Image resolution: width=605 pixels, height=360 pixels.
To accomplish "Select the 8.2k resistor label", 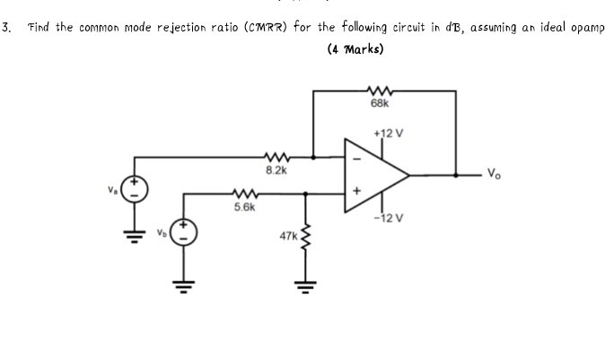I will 276,168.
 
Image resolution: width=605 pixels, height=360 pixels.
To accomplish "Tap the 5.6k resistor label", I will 243,206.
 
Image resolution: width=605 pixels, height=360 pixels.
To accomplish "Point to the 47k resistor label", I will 288,236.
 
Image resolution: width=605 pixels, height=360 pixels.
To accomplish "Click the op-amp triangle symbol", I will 375,175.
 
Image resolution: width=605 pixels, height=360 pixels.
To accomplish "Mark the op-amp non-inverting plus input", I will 356,191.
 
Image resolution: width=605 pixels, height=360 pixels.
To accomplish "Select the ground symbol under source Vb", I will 185,285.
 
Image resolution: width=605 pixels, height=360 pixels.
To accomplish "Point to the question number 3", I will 7,27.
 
